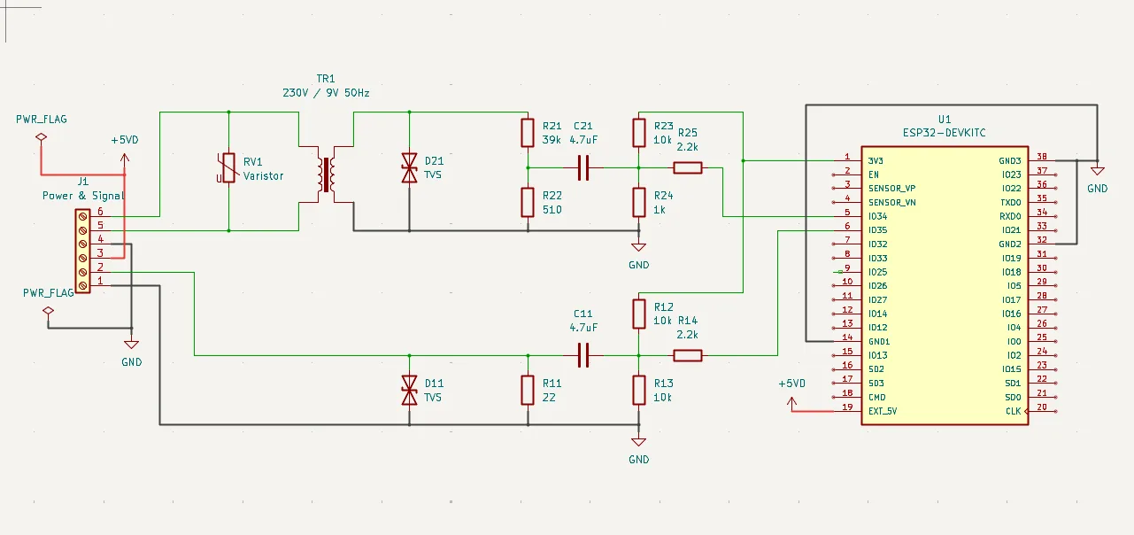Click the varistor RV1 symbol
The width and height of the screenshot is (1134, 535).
228,167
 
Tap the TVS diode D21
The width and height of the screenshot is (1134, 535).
409,167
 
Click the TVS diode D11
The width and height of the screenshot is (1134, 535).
409,390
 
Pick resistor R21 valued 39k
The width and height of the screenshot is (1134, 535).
528,133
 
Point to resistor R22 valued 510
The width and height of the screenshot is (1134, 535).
528,202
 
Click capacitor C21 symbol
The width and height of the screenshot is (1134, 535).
582,167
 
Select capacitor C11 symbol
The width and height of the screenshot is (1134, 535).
582,355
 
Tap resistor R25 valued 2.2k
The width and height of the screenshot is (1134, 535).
688,167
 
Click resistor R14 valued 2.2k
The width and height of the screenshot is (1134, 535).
688,355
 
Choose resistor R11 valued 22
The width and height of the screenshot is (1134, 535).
528,390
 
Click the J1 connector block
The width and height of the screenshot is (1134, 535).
82,251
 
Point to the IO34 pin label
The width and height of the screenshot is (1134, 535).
877,216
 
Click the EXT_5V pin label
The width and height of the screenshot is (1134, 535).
883,411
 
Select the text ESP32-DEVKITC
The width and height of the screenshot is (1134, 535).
944,133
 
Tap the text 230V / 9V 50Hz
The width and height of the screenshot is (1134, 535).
326,92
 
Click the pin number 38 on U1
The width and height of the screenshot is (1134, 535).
1041,156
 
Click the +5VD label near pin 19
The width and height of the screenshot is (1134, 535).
791,384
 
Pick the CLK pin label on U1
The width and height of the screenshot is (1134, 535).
1013,411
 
